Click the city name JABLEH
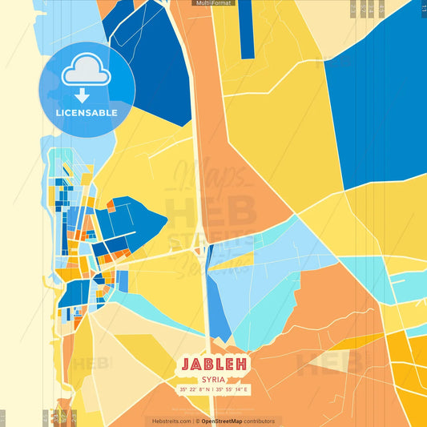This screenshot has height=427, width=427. click(213, 364)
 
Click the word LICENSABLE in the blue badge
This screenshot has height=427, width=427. click(87, 113)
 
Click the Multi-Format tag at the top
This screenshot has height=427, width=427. click(213, 3)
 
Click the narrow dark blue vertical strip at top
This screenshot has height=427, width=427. click(247, 28)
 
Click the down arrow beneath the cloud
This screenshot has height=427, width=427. click(86, 95)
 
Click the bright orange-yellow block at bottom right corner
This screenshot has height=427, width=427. click(409, 377)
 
